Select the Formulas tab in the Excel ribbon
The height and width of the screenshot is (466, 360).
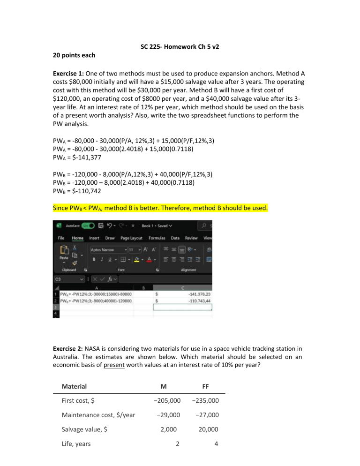[x=157, y=238]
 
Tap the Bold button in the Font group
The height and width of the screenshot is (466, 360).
[x=94, y=259]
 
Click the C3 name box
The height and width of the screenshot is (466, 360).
[x=67, y=278]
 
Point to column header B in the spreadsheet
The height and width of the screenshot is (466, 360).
[x=142, y=287]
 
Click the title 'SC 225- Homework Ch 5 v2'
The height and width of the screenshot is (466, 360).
[x=180, y=47]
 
